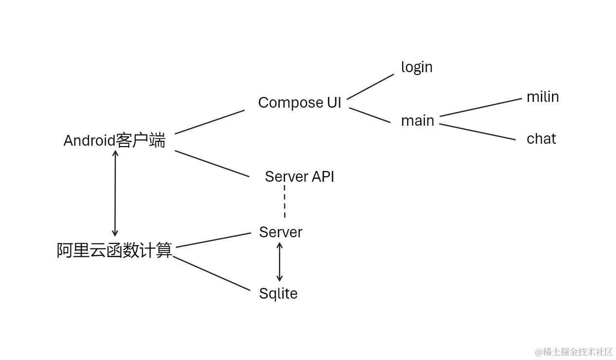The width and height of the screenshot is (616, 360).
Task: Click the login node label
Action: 416,67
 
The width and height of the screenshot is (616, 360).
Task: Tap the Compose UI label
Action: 299,103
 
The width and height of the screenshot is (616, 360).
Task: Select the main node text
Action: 417,121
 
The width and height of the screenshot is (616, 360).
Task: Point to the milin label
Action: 542,97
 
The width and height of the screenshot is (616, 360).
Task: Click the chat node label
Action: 541,139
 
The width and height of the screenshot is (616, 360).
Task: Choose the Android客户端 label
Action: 114,141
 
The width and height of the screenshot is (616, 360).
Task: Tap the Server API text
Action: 299,176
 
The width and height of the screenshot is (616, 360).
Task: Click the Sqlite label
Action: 278,293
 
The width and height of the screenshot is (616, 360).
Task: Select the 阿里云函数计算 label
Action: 115,250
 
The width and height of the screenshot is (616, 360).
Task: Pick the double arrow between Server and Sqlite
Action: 279,262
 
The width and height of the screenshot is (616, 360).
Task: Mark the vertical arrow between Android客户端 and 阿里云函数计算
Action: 115,193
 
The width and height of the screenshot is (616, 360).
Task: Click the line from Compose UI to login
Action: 370,86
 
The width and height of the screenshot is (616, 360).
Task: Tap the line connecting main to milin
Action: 480,107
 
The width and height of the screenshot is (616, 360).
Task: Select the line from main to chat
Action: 477,132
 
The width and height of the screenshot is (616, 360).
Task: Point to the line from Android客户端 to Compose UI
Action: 209,122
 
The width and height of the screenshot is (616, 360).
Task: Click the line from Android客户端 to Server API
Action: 212,164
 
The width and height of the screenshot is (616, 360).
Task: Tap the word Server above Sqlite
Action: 280,232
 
